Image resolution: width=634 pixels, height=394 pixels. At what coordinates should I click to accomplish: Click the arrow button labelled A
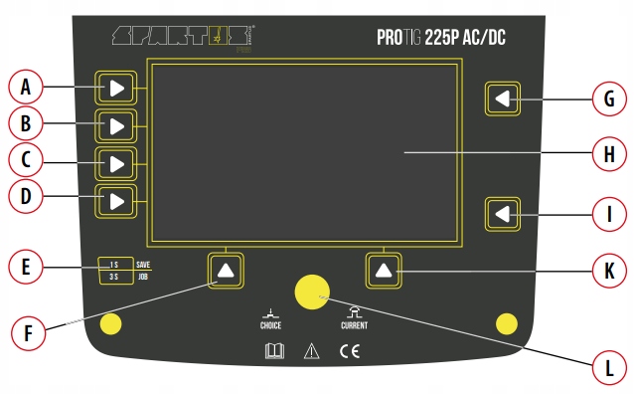pos(116,89)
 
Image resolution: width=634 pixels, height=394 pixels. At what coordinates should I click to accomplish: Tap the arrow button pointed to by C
pos(116,163)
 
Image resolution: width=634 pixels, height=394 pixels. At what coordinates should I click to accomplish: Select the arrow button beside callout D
pos(116,201)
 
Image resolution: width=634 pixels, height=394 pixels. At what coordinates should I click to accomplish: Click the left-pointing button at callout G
pos(504,98)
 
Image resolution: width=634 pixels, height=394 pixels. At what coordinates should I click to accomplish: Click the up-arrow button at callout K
pos(385,270)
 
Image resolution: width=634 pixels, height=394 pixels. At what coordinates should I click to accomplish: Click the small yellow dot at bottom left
pos(112,324)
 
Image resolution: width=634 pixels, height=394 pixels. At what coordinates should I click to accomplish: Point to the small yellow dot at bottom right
pos(507,322)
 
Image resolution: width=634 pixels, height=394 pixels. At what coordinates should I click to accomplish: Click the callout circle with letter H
pos(608,154)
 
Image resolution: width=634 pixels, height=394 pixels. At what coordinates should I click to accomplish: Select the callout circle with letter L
pos(608,368)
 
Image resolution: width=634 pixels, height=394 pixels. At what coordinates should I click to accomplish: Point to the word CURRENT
pos(354,325)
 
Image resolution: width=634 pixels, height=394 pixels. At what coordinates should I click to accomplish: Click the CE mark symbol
pos(349,350)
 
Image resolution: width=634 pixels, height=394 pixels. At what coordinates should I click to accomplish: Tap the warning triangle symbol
pos(311,350)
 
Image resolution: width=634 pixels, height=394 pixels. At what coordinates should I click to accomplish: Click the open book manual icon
pos(274,350)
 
